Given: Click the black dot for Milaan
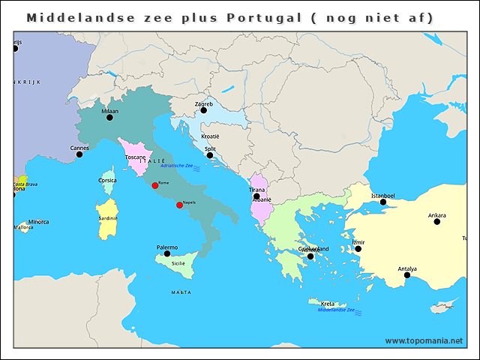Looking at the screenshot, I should (x=109, y=117).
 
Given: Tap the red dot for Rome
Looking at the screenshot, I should (x=155, y=185).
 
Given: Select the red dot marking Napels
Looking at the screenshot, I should (x=179, y=205).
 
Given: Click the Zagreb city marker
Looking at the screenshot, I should (x=203, y=110).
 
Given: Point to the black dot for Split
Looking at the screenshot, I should (x=210, y=155).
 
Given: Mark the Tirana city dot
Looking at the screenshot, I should (x=256, y=196).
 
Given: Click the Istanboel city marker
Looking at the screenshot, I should (x=382, y=202).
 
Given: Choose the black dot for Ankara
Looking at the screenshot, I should (x=436, y=221).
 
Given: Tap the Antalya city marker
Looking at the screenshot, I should (x=407, y=274).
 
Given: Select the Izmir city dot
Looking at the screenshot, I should (x=358, y=249).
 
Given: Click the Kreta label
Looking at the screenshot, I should (x=328, y=304).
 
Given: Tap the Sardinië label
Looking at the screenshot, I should (x=108, y=218).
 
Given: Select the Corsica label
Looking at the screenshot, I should (x=107, y=180).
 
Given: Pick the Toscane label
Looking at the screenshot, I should (x=136, y=157).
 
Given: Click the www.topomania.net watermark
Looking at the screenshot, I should (x=424, y=340).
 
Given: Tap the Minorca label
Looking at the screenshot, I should (x=38, y=222).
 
